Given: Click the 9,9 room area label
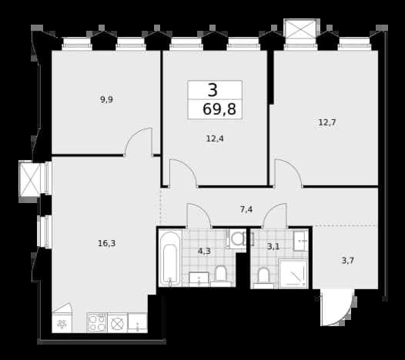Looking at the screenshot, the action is coord(106,99).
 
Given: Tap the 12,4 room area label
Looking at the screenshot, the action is coord(215,138).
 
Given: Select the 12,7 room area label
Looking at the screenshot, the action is coord(327,122).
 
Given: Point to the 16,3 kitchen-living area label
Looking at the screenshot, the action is coord(107,243).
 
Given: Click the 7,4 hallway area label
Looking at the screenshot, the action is coord(246,209).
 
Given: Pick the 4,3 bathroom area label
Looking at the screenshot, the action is coord(204,251).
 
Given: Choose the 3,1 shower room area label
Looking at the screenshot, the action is coord(273,247).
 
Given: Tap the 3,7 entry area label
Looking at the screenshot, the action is coord(348,261).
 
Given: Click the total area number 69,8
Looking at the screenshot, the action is coord(219,109).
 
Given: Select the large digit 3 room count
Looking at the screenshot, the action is coord(213,90).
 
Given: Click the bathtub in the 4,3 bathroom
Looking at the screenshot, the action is coord(170,258).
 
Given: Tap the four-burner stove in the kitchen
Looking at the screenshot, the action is coord(97,323).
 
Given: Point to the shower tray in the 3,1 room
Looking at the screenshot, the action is coord(293,274).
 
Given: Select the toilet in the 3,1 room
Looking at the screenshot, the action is coord(263,278).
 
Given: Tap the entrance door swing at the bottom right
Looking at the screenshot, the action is coord(337,307).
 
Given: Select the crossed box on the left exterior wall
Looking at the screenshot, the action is coord(30,179).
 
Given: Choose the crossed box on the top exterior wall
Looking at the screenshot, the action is coord(300,29).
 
